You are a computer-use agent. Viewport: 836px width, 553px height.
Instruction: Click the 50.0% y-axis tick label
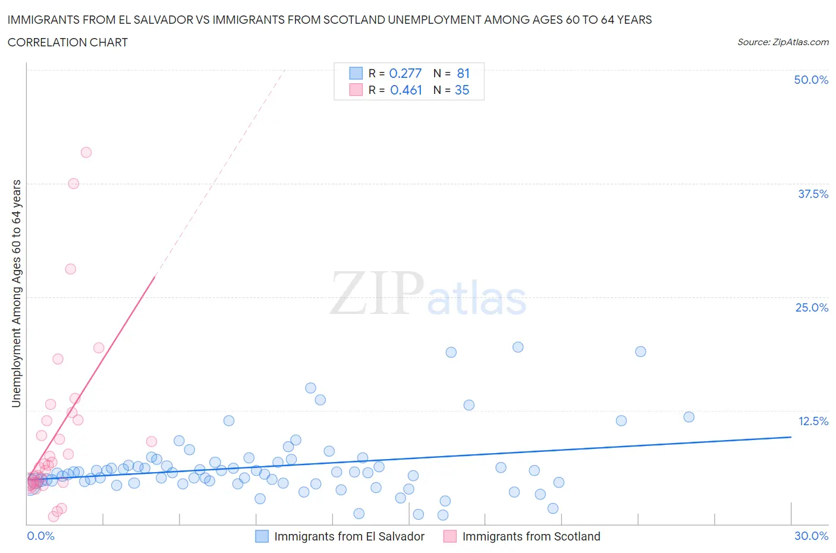tap(811, 80)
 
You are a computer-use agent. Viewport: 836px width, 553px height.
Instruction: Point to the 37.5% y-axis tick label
tap(813, 194)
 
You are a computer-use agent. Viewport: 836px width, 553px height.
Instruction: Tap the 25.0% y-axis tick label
tap(812, 307)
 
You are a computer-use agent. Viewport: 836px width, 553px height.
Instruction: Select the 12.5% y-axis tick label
tap(813, 421)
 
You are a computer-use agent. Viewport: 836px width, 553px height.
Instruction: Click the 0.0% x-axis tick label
tap(40, 536)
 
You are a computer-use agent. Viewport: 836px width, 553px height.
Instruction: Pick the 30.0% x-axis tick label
tap(811, 536)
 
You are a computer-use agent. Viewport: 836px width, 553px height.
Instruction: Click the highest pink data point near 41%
tap(86, 152)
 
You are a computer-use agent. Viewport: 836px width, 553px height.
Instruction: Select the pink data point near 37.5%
tap(74, 184)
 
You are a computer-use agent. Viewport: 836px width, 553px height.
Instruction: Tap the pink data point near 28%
tap(71, 269)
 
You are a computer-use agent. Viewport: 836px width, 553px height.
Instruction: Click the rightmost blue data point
tap(689, 417)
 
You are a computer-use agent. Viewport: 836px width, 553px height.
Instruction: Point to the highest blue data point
tap(518, 347)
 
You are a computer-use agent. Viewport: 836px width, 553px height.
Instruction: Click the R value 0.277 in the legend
tap(405, 73)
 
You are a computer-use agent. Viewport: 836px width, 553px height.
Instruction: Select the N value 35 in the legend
tap(462, 90)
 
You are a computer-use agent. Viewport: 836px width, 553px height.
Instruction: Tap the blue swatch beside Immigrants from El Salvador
tap(262, 536)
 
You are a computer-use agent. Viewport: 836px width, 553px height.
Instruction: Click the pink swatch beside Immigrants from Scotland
tap(450, 536)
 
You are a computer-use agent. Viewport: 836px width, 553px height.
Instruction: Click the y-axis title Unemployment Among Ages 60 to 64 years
tap(16, 293)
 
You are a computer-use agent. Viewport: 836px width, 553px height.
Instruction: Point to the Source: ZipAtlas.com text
tap(782, 42)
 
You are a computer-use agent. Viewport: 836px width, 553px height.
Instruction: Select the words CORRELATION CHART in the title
tap(68, 42)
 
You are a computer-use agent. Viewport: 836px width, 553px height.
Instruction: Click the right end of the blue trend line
tap(791, 437)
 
